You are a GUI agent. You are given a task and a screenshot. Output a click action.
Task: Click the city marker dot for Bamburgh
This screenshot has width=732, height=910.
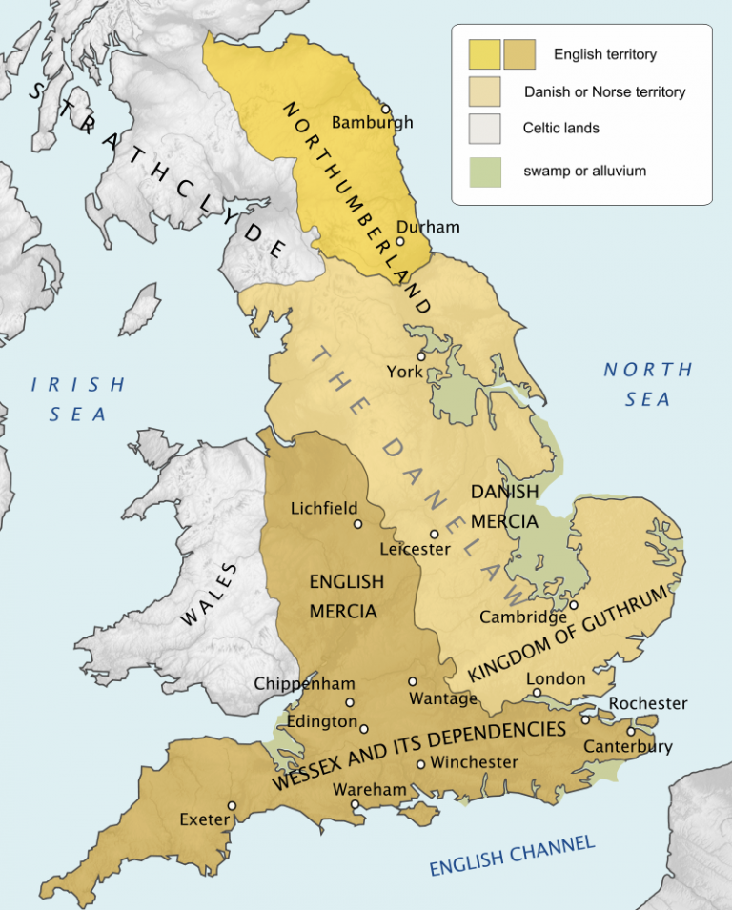pyautogui.click(x=386, y=109)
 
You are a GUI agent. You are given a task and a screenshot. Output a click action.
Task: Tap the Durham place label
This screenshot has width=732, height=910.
pyautogui.click(x=427, y=227)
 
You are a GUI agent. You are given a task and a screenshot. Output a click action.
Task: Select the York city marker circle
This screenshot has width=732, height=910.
pyautogui.click(x=420, y=355)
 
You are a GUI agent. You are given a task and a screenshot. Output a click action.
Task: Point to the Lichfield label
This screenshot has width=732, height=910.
pyautogui.click(x=324, y=508)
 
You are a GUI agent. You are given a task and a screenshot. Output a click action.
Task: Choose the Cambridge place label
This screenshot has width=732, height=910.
pyautogui.click(x=523, y=617)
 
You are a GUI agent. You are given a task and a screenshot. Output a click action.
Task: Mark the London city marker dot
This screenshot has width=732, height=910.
pyautogui.click(x=537, y=693)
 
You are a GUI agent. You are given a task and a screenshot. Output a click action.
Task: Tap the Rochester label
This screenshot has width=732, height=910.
pyautogui.click(x=648, y=703)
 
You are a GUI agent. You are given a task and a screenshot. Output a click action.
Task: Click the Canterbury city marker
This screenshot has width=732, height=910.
pyautogui.click(x=630, y=732)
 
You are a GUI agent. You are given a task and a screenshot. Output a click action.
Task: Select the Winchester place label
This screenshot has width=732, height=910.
pyautogui.click(x=474, y=762)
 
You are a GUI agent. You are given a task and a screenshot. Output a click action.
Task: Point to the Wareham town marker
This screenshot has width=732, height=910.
pyautogui.click(x=356, y=804)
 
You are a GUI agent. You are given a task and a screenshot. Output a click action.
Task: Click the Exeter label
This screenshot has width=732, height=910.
pyautogui.click(x=204, y=819)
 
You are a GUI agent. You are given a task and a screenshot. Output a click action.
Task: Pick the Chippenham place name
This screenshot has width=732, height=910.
pyautogui.click(x=304, y=683)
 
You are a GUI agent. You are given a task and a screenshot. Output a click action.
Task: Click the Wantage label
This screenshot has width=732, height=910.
pyautogui.click(x=442, y=698)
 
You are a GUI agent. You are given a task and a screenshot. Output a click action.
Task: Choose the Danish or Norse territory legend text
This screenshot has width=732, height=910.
pyautogui.click(x=604, y=92)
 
